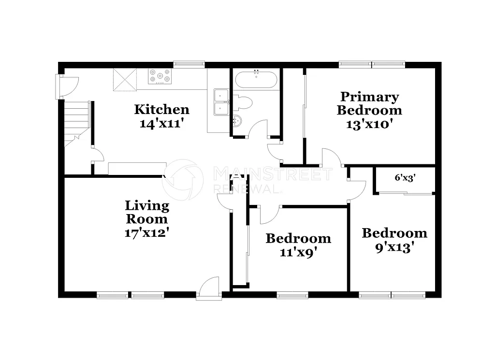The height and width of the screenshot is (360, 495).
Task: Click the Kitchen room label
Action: (161, 109)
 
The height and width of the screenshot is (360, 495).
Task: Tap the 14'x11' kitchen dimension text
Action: (161, 123)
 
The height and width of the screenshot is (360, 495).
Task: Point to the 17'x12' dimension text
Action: (147, 232)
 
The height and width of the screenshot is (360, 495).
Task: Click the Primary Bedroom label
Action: (369, 103)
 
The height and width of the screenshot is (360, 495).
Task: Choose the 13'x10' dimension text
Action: (369, 123)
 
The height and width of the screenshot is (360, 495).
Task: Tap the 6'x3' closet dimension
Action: (405, 177)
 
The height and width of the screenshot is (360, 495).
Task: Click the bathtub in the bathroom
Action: (256, 79)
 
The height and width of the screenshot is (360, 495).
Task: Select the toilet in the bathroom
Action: (243, 102)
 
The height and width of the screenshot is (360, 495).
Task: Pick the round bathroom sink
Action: (237, 121)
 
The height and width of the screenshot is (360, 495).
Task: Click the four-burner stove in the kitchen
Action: (160, 76)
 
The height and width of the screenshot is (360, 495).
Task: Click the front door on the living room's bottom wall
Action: (208, 289)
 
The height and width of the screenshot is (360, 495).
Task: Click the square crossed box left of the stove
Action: (125, 79)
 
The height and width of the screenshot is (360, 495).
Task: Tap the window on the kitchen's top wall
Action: (189, 64)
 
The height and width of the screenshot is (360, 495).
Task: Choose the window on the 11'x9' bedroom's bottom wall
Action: (292, 295)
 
